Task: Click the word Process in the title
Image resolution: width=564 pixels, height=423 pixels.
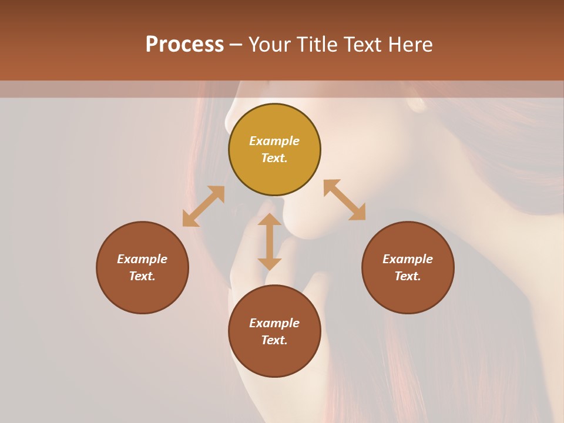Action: [x=184, y=45]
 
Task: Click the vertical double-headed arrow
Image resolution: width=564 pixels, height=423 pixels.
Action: [x=270, y=241]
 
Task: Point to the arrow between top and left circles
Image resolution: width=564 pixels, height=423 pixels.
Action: [x=203, y=206]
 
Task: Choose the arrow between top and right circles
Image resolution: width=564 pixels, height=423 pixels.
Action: [x=344, y=200]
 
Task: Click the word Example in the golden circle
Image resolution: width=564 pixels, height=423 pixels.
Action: [x=274, y=141]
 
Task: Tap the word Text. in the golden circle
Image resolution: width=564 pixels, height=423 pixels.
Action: [x=274, y=158]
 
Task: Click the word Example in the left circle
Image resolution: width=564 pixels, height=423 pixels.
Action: [x=142, y=259]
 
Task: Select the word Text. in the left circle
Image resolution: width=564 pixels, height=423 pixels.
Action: [x=142, y=276]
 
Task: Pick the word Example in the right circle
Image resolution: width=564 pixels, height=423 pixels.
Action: [x=408, y=259]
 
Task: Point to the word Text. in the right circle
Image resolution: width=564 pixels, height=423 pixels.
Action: [x=408, y=276]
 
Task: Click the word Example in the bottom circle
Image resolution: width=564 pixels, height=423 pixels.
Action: [x=274, y=323]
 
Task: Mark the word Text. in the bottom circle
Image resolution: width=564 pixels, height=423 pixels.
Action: [x=274, y=340]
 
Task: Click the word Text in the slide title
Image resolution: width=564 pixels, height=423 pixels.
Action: [x=362, y=45]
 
